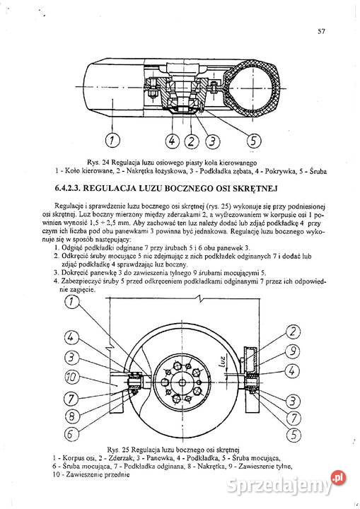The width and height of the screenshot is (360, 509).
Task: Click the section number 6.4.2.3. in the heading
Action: coord(74,189)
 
